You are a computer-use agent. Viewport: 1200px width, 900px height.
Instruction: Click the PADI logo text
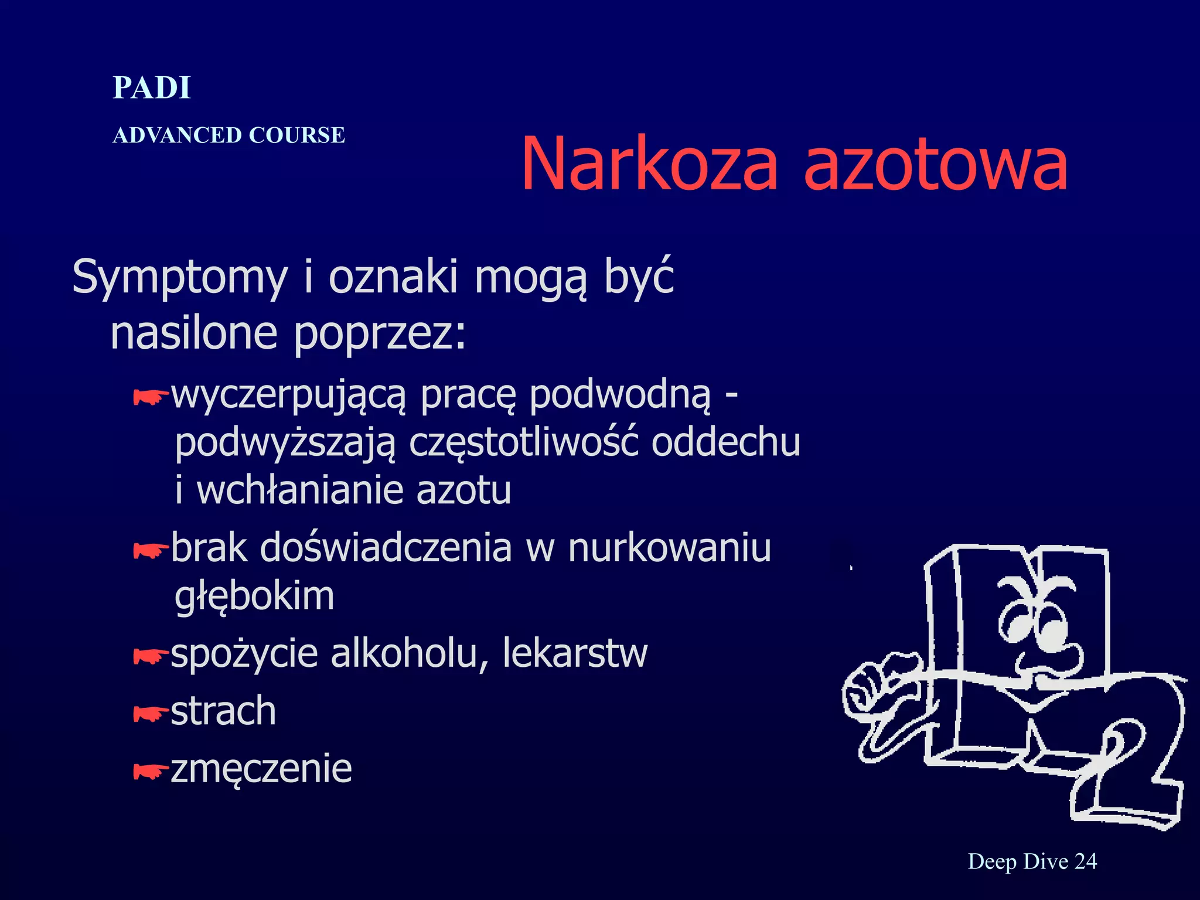(x=152, y=88)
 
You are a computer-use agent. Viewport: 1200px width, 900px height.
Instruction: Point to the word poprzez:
(x=380, y=334)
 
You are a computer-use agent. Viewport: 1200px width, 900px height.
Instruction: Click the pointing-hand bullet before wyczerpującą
(x=151, y=398)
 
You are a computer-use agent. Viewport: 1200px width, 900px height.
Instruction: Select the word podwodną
(x=620, y=396)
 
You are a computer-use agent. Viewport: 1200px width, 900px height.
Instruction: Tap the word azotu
(x=463, y=490)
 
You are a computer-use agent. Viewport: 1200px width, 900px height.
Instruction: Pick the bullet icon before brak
(x=151, y=550)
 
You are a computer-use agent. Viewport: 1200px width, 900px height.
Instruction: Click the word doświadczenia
(x=386, y=548)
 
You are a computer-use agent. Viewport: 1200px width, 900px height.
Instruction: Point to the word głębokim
(x=254, y=597)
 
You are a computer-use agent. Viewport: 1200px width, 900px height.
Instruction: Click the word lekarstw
(x=575, y=653)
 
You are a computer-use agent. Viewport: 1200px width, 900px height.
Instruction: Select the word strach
(x=223, y=711)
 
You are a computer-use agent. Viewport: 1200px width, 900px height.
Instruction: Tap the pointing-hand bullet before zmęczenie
(x=151, y=772)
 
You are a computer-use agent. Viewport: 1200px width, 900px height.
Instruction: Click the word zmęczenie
(x=261, y=769)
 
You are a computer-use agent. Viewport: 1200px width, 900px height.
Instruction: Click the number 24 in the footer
(x=1086, y=861)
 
